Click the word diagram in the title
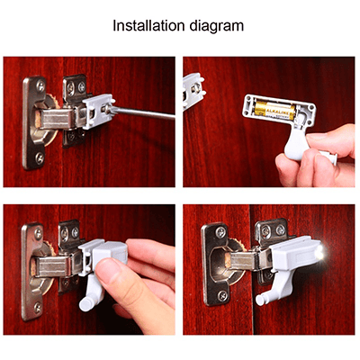(218, 25)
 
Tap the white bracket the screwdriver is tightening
(98, 112)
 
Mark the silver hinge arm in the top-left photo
(56, 117)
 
